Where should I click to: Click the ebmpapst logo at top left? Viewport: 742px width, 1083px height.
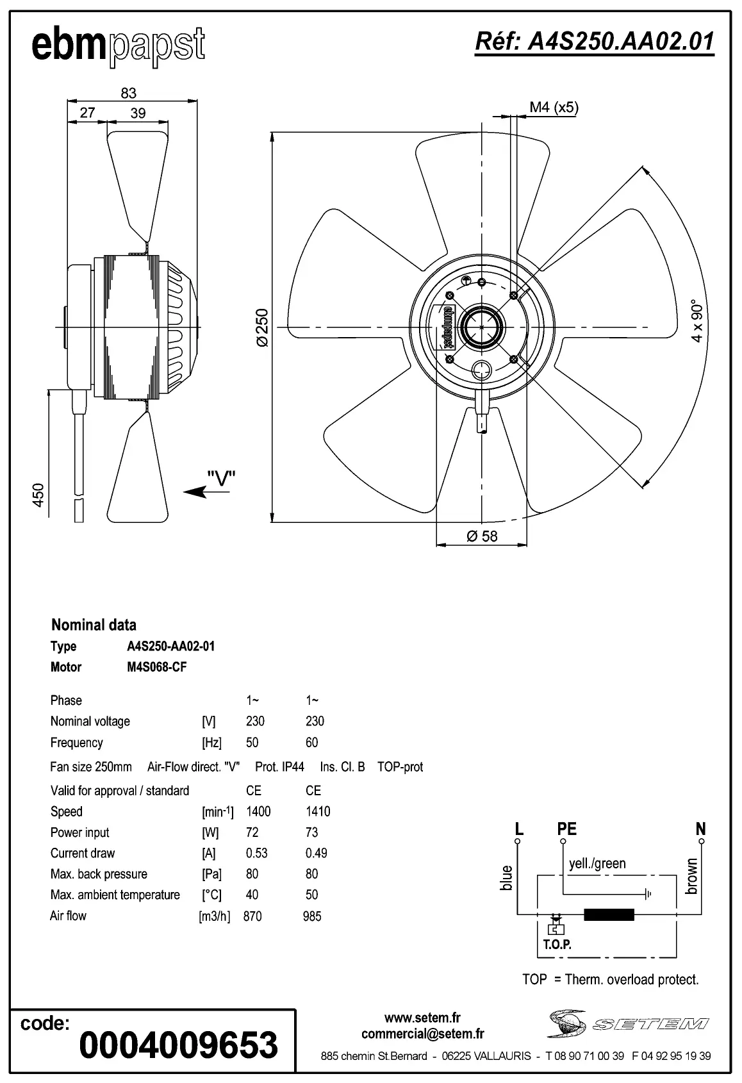(x=119, y=46)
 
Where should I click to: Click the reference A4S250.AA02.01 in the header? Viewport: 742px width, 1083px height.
(x=594, y=42)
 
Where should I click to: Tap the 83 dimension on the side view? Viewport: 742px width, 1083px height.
(x=129, y=93)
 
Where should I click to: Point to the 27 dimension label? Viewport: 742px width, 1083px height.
(x=87, y=113)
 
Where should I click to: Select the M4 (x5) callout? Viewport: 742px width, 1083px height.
(x=554, y=108)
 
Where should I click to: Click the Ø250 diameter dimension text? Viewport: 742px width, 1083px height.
(x=262, y=327)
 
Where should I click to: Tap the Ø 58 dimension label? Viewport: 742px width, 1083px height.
(x=482, y=536)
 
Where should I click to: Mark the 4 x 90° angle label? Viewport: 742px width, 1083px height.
(x=697, y=320)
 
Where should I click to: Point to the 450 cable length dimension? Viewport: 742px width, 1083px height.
(x=38, y=495)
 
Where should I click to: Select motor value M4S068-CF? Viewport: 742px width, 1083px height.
(x=157, y=667)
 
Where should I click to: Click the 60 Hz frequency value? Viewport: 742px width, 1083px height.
(x=311, y=743)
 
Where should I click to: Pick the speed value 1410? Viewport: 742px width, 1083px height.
(x=318, y=811)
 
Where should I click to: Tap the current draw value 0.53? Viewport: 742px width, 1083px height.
(x=256, y=853)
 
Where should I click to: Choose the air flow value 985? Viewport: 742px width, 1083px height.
(x=312, y=916)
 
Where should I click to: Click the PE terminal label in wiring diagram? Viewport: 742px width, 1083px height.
(x=566, y=829)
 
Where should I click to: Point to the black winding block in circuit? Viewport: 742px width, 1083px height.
(x=609, y=914)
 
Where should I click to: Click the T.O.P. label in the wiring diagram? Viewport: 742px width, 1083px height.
(x=557, y=945)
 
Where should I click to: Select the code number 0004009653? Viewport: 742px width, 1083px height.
(x=179, y=1045)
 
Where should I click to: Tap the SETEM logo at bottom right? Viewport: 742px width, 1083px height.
(x=628, y=1023)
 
